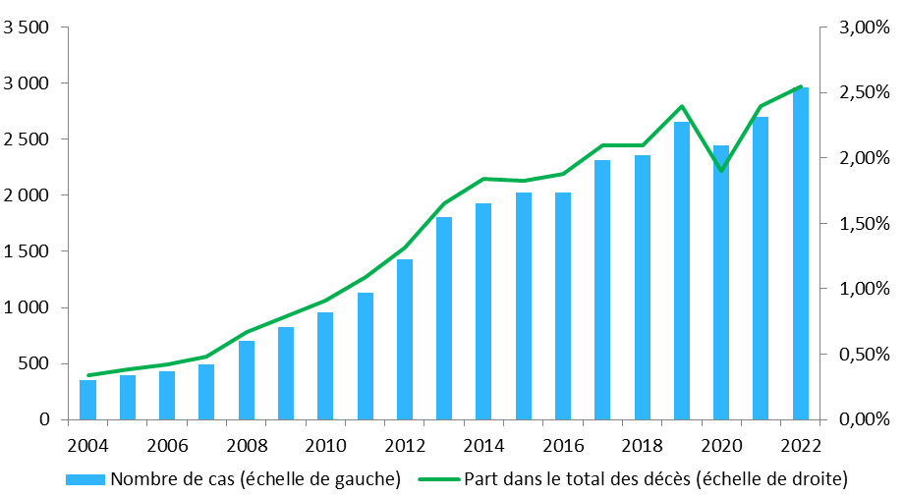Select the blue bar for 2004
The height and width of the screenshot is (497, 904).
coord(87,400)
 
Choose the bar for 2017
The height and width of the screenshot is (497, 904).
coord(602,290)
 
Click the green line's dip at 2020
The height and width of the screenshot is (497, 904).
coord(721,171)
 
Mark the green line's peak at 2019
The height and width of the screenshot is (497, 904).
coord(682,106)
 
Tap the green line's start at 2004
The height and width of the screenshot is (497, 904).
coord(87,375)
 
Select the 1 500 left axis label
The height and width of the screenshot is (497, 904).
coord(27,251)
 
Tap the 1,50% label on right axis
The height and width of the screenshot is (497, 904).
coord(863,223)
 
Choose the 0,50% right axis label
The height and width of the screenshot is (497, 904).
coord(863,354)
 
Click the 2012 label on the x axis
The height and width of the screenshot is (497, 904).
coord(404,443)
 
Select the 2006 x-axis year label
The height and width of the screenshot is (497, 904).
coord(167,443)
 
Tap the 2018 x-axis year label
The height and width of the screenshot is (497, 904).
coord(642,443)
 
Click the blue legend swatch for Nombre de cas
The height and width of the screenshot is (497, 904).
coord(86,479)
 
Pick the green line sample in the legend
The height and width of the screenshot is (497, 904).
coord(438,479)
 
